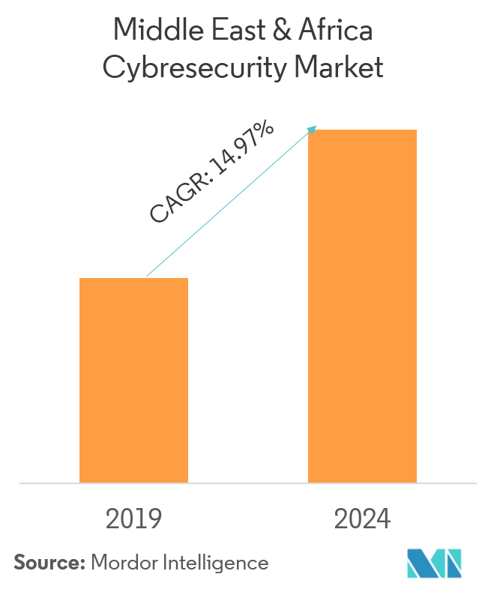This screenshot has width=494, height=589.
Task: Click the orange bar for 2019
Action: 133,380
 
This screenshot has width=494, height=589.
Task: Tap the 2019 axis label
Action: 133,519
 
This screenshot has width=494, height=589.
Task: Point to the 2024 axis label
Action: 362,519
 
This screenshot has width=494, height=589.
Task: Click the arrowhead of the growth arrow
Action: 313,128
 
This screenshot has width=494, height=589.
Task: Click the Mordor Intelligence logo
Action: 434,563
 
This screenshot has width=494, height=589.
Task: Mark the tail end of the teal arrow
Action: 148,275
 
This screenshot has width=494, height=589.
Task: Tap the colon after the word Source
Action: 82,564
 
